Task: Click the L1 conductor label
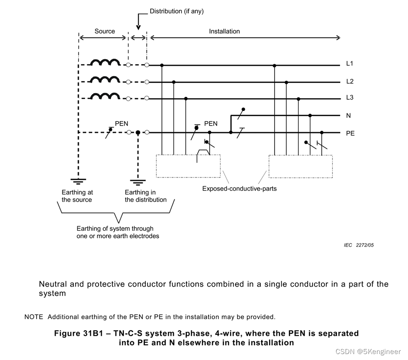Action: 350,64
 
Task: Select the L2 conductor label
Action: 350,81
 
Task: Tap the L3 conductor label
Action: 350,98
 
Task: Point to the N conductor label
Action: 349,116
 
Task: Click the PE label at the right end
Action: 350,133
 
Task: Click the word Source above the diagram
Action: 105,31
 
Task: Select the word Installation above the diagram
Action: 224,31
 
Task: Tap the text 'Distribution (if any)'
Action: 176,11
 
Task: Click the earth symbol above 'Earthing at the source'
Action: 78,181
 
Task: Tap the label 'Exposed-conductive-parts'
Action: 239,188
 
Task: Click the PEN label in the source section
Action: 121,123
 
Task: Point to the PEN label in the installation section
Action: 211,123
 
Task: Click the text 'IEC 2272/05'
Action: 358,245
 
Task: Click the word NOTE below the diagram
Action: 33,317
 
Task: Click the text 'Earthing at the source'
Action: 77,196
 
